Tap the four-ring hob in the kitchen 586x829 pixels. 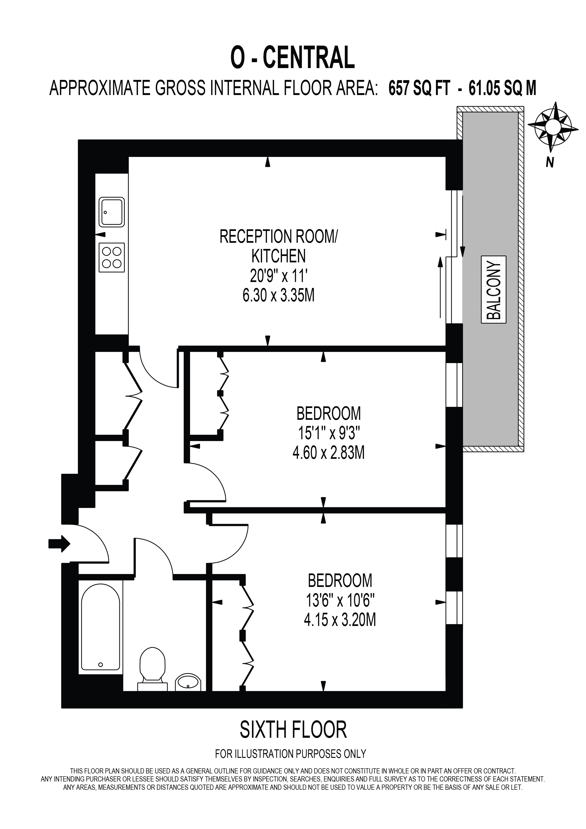click(112, 257)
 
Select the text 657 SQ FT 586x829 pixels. click(419, 88)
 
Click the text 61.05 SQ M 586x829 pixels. click(502, 88)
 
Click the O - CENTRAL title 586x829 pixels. click(293, 58)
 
